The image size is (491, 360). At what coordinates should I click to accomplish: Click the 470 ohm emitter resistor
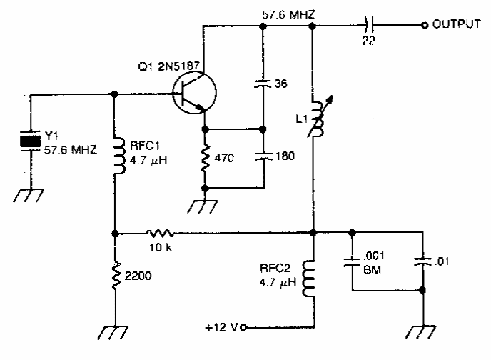206,158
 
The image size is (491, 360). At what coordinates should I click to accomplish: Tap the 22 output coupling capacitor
370,26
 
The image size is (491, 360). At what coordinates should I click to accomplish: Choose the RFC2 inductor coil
313,279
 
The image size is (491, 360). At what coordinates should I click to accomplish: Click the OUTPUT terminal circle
425,26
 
